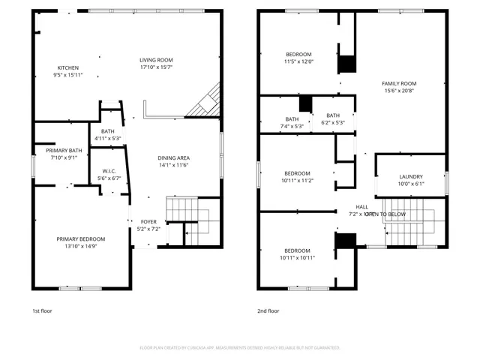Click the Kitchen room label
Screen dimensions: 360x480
point(67,67)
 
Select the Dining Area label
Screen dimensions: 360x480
point(172,157)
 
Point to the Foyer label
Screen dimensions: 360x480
point(148,222)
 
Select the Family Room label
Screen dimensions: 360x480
point(398,83)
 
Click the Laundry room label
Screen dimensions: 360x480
point(410,176)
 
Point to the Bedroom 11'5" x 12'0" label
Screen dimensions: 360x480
point(298,55)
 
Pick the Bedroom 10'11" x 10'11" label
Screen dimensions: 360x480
point(297,250)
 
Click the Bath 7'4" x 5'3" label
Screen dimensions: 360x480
point(292,118)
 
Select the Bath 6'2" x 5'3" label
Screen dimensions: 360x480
point(333,115)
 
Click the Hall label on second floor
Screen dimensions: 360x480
point(362,207)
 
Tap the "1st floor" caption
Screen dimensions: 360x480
point(42,310)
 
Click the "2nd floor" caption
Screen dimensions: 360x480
point(268,310)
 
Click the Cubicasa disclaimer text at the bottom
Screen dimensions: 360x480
point(240,347)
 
